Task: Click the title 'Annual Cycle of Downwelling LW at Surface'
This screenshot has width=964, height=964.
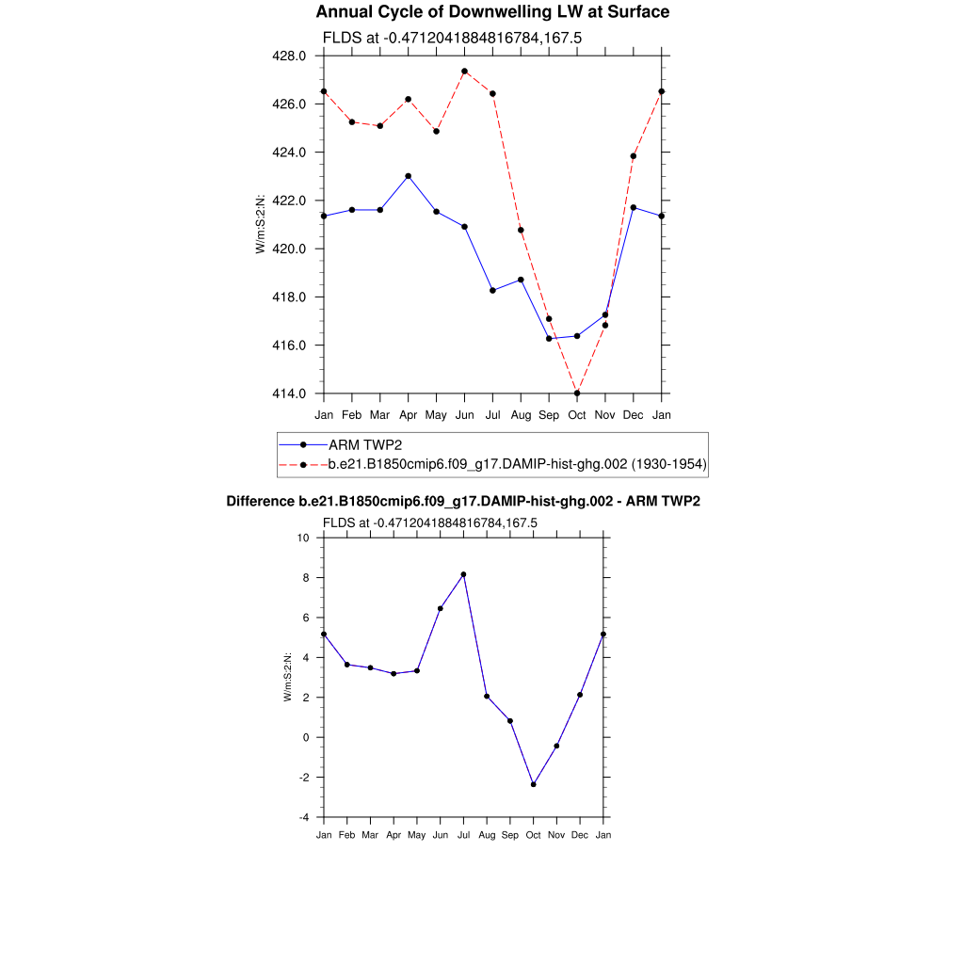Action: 492,12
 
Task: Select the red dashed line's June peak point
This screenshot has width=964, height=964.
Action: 465,72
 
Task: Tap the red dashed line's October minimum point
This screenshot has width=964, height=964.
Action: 577,394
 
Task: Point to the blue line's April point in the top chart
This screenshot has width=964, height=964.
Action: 408,176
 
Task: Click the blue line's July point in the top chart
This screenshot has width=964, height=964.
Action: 492,290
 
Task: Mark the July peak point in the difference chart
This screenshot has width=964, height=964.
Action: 463,574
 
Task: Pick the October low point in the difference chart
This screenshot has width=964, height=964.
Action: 534,784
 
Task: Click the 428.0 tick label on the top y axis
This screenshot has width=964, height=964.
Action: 289,56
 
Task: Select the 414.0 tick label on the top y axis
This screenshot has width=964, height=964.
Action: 289,394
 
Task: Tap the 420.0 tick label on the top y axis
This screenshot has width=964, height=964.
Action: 289,249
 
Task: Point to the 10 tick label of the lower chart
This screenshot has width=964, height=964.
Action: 303,538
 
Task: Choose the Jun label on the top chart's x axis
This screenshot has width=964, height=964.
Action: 464,415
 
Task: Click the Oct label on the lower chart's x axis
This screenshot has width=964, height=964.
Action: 534,835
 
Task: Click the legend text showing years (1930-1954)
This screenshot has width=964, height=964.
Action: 669,464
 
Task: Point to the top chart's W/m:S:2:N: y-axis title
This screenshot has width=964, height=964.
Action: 261,224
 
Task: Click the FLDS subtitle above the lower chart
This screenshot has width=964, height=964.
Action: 430,522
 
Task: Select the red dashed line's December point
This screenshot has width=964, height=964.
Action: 634,156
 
